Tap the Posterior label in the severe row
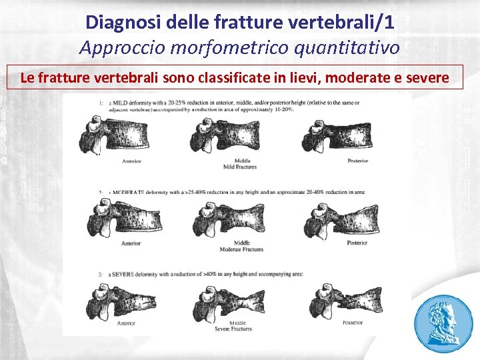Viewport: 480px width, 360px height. point(353,323)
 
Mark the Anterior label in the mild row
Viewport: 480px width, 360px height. point(131,161)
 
